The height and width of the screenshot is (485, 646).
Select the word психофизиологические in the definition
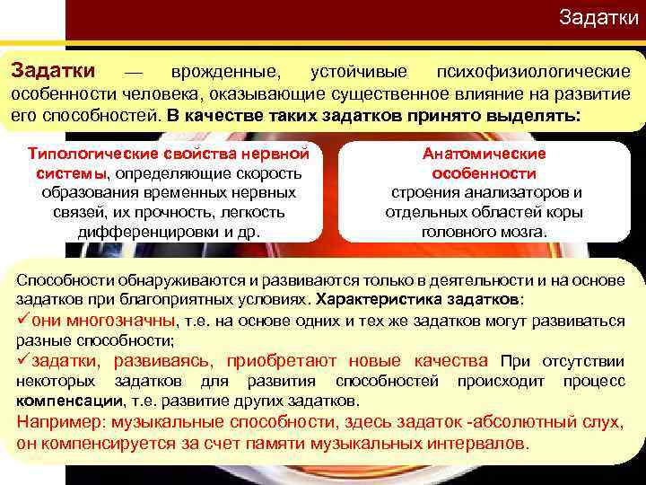531,71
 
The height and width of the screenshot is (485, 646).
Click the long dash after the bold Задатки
133,71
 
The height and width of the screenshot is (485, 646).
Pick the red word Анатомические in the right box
484,154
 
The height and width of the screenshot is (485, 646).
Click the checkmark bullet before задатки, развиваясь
23,361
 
